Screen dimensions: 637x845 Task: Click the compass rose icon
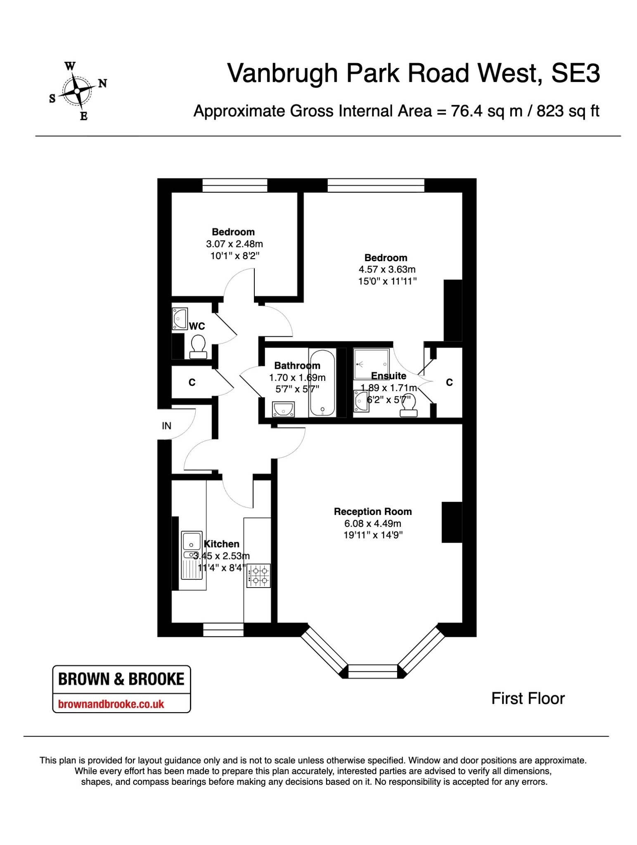[77, 91]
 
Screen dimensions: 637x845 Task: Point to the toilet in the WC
[198, 347]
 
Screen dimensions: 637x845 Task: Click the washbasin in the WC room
[180, 319]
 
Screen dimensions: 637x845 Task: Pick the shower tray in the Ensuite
[371, 364]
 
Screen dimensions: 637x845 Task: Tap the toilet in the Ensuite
[408, 405]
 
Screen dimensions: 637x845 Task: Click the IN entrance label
[166, 426]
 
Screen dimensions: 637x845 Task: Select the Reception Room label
[373, 512]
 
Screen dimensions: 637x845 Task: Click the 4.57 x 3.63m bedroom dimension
[387, 269]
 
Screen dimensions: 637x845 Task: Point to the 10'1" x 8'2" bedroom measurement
[235, 256]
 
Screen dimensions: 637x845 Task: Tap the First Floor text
[528, 699]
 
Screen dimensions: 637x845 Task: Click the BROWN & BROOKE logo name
[121, 679]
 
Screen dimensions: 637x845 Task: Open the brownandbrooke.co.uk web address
[111, 704]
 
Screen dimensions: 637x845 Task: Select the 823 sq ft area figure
[568, 111]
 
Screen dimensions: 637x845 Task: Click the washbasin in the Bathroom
[283, 409]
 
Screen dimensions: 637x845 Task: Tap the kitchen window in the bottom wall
[223, 630]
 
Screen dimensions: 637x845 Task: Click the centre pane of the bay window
[372, 671]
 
